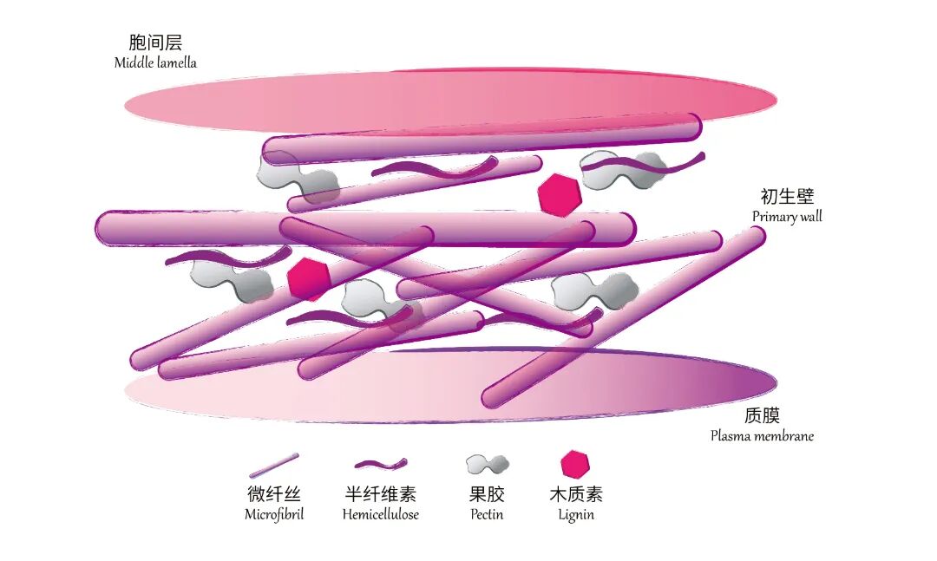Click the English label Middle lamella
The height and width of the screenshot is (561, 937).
155,62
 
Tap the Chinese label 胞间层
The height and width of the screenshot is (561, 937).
155,42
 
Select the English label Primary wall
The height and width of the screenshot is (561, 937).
787,217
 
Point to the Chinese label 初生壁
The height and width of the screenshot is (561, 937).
787,197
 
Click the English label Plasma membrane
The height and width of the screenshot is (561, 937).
762,436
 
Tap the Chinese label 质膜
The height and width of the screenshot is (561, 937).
762,415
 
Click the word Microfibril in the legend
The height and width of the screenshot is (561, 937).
274,514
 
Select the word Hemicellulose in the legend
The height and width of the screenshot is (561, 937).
380,514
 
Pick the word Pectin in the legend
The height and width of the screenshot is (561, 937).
486,514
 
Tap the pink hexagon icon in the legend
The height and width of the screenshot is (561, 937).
574,465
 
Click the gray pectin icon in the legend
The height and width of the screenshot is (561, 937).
487,465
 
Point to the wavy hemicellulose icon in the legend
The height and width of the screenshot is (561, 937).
381,465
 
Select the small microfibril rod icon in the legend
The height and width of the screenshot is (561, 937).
274,465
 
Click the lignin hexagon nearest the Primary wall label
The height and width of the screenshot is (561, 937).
559,195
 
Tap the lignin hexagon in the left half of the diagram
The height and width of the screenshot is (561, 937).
308,278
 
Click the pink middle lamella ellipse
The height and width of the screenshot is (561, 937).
451,101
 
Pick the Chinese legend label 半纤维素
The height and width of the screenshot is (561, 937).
380,494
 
